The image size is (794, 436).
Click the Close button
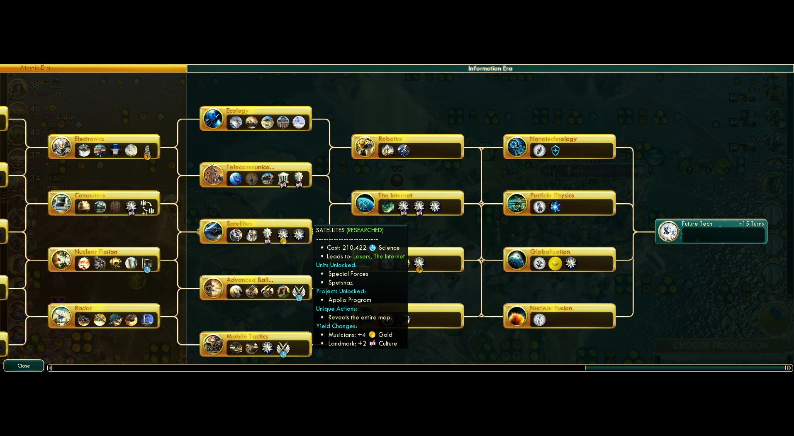(x=24, y=366)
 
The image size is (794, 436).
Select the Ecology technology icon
(x=213, y=119)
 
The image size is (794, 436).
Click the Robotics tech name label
(x=390, y=139)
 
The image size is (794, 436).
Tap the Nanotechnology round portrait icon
(x=517, y=147)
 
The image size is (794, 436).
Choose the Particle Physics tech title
(x=552, y=195)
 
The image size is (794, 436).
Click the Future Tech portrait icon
(x=668, y=231)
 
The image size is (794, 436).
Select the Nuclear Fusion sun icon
(x=517, y=316)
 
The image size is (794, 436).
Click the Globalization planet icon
(x=517, y=260)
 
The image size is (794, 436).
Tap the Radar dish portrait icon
(x=61, y=316)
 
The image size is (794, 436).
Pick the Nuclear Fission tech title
(x=96, y=252)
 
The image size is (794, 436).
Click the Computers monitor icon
(x=61, y=203)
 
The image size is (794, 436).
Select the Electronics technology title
(x=89, y=139)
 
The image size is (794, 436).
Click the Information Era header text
(x=490, y=68)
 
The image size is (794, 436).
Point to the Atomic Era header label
(x=35, y=68)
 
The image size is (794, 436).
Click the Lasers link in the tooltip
(x=361, y=256)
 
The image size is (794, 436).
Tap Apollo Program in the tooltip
(x=350, y=300)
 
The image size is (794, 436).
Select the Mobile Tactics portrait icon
(x=213, y=344)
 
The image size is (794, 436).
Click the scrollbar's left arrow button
(x=51, y=368)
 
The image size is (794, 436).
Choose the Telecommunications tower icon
(x=213, y=175)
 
